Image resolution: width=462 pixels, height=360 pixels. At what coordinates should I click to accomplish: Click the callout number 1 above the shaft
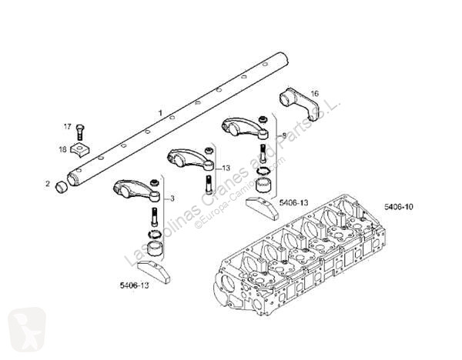tap(159, 114)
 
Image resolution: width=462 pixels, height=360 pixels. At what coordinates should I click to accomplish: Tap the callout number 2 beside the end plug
tap(48, 185)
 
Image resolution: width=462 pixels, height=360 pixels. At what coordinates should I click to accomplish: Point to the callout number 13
tap(226, 168)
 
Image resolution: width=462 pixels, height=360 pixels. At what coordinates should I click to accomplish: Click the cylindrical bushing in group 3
tap(156, 250)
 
